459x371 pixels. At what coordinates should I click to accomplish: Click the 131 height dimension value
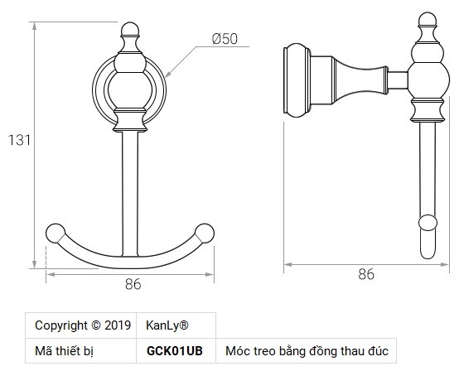click(x=17, y=140)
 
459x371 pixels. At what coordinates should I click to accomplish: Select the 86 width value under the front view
click(x=131, y=284)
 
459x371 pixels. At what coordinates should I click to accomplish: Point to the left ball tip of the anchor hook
click(x=56, y=233)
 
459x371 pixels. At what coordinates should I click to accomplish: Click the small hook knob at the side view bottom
click(x=428, y=223)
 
